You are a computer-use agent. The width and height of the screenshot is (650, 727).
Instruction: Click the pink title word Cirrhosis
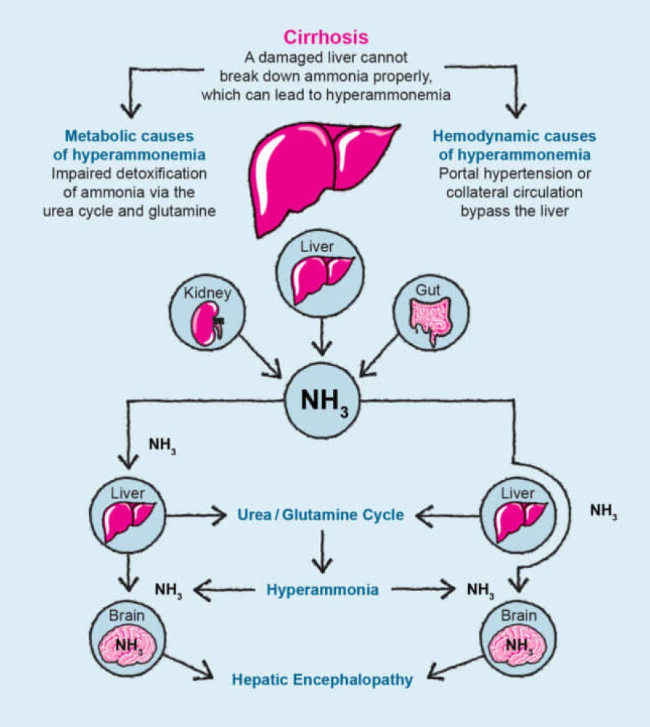coord(326,36)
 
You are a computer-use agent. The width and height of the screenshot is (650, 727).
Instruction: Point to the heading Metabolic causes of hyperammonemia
coord(129,145)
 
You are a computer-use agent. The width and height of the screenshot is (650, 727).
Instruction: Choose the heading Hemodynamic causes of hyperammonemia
coord(514,145)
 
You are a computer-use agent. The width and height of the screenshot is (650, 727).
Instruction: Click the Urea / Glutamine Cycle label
coord(321,514)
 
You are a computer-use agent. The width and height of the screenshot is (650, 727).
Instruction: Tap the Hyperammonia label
coord(322,589)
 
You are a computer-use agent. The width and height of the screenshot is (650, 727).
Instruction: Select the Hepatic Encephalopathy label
coord(322,680)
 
